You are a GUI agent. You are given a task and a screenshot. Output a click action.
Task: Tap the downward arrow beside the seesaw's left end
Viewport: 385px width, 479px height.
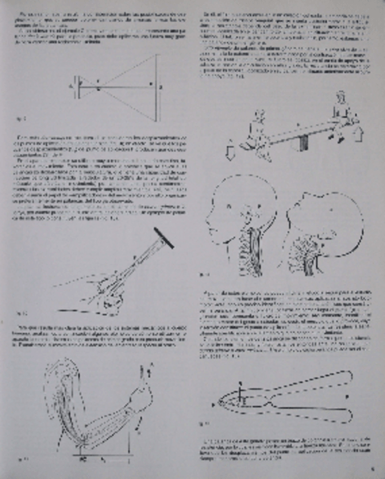229,151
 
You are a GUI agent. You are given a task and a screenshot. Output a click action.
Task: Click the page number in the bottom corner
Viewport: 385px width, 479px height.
373,467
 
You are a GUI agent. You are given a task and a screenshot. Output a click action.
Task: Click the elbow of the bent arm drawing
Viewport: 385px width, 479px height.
79,441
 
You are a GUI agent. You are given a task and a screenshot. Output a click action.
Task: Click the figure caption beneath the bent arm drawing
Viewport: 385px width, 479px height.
23,459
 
